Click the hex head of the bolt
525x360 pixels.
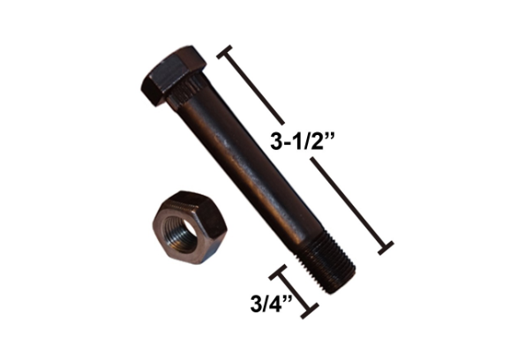point(174,74)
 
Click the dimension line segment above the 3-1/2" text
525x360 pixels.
point(256,88)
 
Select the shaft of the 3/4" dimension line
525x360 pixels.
point(295,291)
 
